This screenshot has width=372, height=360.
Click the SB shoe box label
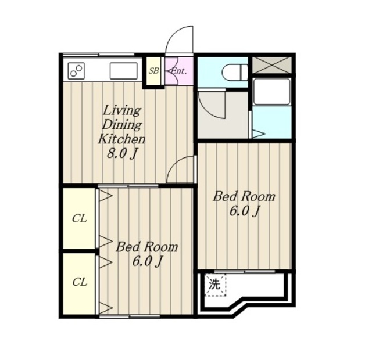(x=153, y=71)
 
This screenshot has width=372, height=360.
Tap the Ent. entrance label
(x=179, y=71)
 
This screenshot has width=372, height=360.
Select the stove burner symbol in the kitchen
(x=76, y=71)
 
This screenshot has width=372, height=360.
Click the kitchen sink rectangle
(x=124, y=71)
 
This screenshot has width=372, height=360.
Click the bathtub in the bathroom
(x=272, y=91)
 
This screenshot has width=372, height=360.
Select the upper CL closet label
(x=80, y=219)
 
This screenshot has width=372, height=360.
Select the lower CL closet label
(x=80, y=282)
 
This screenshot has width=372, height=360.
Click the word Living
(x=122, y=111)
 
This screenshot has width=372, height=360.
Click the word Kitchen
(x=121, y=139)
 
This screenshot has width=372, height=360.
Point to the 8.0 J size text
(x=122, y=154)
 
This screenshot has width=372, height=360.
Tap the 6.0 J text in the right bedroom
(x=244, y=211)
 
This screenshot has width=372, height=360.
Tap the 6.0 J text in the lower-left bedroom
(x=147, y=261)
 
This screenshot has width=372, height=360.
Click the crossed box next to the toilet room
(x=272, y=64)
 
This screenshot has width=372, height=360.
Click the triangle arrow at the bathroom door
(x=258, y=134)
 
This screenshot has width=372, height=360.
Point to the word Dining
(x=122, y=125)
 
